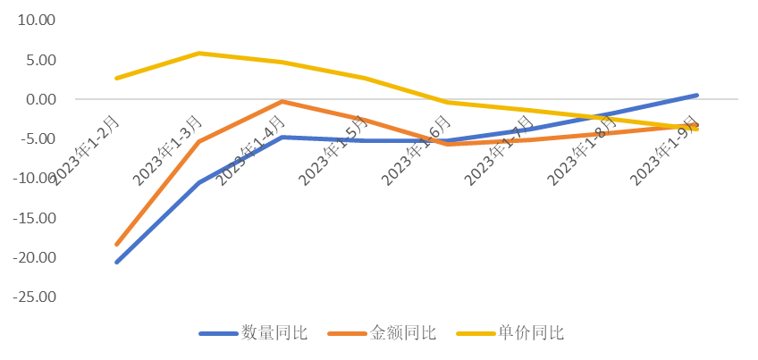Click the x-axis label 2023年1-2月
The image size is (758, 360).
pyautogui.click(x=86, y=148)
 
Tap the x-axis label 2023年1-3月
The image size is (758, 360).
pyautogui.click(x=168, y=148)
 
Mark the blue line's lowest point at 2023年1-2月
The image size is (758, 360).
pyautogui.click(x=117, y=262)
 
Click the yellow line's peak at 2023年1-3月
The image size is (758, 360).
pyautogui.click(x=199, y=54)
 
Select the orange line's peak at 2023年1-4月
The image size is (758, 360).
pyautogui.click(x=282, y=102)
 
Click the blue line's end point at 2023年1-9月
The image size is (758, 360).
pyautogui.click(x=696, y=95)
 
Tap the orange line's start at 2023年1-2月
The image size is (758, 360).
pyautogui.click(x=117, y=244)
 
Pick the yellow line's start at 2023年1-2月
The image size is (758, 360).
pyautogui.click(x=117, y=79)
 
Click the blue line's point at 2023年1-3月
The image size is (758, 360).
pyautogui.click(x=199, y=182)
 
